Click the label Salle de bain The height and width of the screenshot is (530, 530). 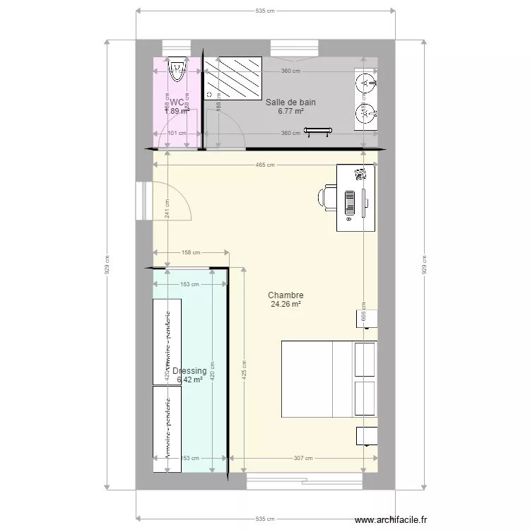tap(290, 102)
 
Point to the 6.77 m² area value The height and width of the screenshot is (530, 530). tap(290, 111)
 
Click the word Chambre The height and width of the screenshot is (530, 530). tap(285, 295)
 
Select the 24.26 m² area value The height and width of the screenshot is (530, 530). tap(285, 305)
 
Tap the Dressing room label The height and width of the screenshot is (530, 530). tap(189, 371)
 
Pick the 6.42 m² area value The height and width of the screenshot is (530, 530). tap(189, 379)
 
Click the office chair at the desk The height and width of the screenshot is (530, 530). tap(328, 198)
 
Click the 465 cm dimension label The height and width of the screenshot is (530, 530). tap(265, 165)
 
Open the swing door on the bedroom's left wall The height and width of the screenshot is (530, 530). tap(170, 201)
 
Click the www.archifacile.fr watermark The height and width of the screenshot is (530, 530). tap(391, 519)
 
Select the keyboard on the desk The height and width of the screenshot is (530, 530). tap(350, 201)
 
